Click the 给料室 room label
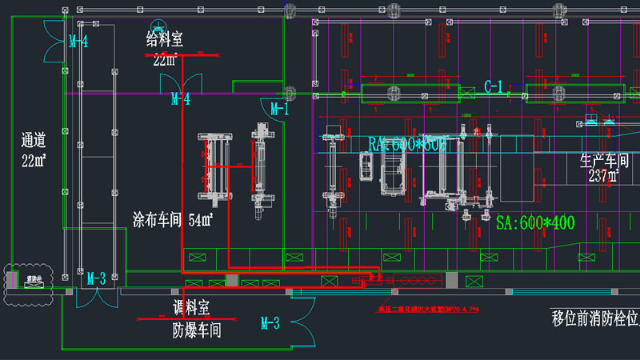[x=164, y=39]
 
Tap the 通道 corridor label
[x=33, y=142]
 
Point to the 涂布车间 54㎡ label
[x=173, y=219]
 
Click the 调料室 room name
[x=191, y=308]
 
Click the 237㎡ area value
[x=604, y=175]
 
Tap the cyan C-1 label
[x=494, y=86]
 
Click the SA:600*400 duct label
[x=535, y=223]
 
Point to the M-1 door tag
[x=278, y=109]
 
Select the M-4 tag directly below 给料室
[x=180, y=100]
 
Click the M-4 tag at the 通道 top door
[x=78, y=42]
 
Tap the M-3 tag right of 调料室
[x=270, y=323]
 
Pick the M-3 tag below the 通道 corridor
[x=96, y=278]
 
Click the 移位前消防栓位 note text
[x=595, y=318]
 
